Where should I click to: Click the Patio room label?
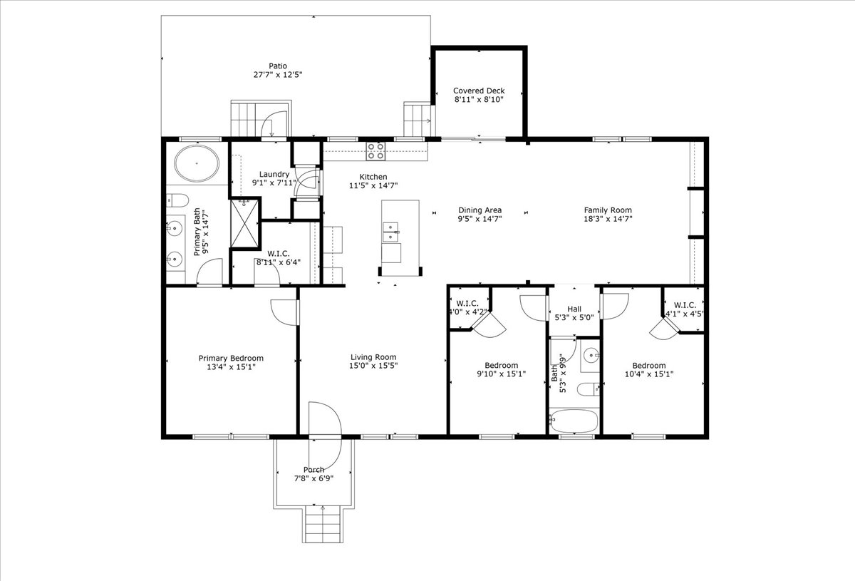278,66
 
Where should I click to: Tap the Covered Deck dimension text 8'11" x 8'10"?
479,100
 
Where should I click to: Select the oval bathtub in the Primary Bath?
197,163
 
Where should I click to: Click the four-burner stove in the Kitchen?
376,151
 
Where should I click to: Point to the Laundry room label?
274,175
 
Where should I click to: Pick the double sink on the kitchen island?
390,232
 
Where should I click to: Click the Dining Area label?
480,210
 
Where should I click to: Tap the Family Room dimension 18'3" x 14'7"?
608,219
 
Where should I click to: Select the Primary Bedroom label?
231,359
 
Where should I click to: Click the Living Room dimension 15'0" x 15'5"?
373,366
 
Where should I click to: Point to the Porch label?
313,470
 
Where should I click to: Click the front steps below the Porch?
323,523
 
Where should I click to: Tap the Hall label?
574,309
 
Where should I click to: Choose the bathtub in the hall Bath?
574,421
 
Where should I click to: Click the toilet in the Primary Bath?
178,200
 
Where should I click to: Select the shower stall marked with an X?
244,224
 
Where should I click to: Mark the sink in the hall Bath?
591,356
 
